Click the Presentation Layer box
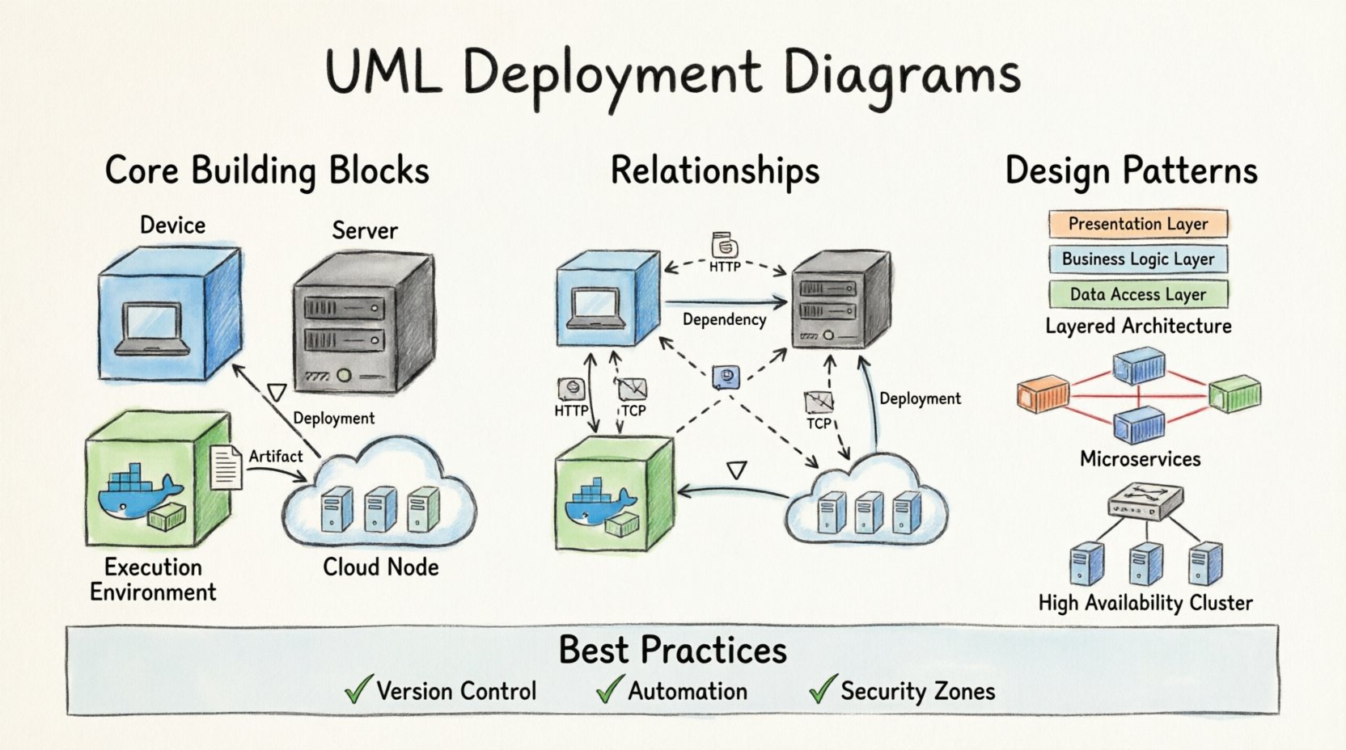pyautogui.click(x=1137, y=224)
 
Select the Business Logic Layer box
pyautogui.click(x=1137, y=259)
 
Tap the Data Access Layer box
pyautogui.click(x=1137, y=294)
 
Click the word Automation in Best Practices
pyautogui.click(x=688, y=692)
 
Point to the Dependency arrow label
pyautogui.click(x=724, y=319)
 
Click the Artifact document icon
pyautogui.click(x=226, y=467)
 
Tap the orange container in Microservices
pyautogui.click(x=1043, y=395)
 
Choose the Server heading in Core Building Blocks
pyautogui.click(x=365, y=231)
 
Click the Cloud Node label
pyautogui.click(x=380, y=567)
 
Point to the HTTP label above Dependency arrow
pyautogui.click(x=725, y=266)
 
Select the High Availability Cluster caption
pyautogui.click(x=1145, y=603)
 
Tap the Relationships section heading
pyautogui.click(x=714, y=171)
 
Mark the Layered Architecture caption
pyautogui.click(x=1138, y=327)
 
